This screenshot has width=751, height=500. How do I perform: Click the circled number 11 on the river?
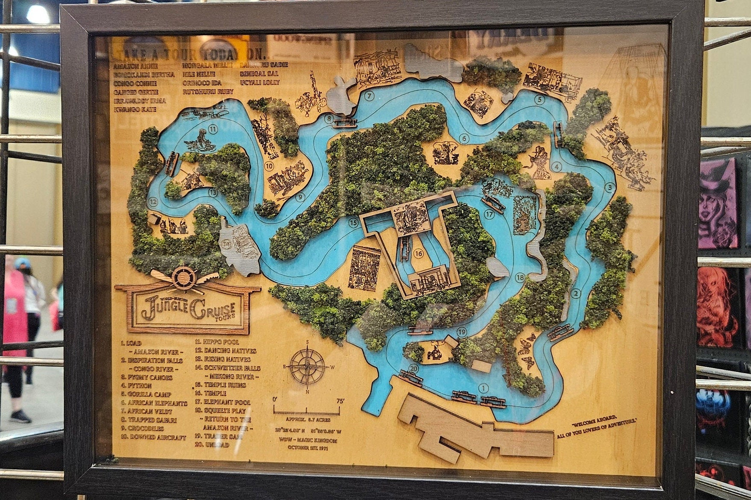[x=213, y=129]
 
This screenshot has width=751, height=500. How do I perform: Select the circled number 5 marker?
[x=540, y=100]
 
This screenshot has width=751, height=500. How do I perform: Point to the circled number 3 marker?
[x=610, y=187]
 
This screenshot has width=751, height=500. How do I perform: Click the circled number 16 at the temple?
[x=418, y=254]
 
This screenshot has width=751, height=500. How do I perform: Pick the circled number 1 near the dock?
[x=483, y=388]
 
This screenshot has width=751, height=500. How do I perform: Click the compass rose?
[x=307, y=366]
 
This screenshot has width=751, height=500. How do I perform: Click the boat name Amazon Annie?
[x=135, y=66]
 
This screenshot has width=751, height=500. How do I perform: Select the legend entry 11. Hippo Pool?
[x=218, y=342]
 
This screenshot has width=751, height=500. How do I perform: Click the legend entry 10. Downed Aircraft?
[x=153, y=438]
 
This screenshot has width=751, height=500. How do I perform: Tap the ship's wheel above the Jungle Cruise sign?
[x=184, y=278]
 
